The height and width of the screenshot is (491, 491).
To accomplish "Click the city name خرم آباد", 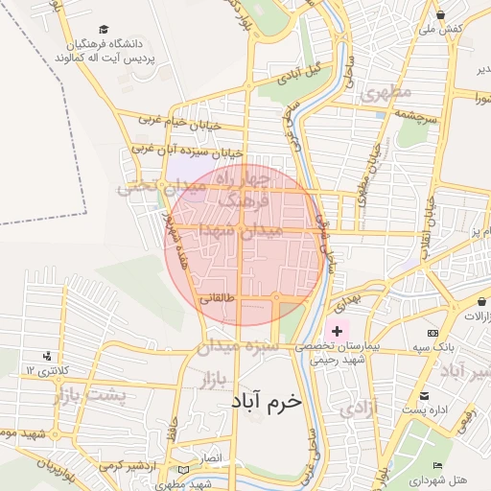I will (266, 401).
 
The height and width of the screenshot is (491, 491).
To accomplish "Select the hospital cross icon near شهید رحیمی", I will (338, 331).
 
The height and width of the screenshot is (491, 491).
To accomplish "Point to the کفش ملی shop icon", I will (440, 14).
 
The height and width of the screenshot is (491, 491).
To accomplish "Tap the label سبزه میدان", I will (238, 345).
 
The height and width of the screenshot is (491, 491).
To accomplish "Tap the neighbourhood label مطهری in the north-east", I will (386, 92).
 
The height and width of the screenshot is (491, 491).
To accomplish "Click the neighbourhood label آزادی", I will (360, 409).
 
